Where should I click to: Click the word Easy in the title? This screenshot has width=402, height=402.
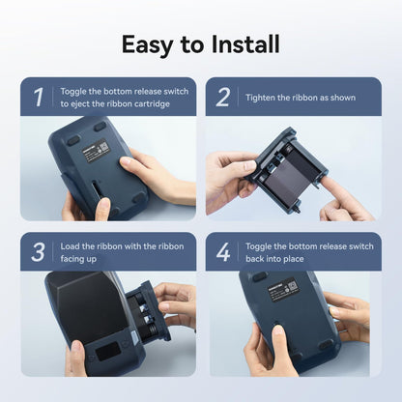[x=147, y=44]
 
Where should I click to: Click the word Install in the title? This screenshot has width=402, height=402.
[x=245, y=43]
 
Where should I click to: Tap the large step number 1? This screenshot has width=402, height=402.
[x=39, y=98]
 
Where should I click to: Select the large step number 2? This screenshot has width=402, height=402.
[x=223, y=98]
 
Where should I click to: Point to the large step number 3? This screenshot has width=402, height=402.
[x=38, y=252]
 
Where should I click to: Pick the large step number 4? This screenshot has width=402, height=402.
[x=223, y=252]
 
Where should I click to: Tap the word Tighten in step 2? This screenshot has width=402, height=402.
[x=260, y=98]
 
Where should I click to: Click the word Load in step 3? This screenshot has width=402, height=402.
[x=70, y=246]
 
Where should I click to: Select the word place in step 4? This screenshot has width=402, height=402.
[x=294, y=259]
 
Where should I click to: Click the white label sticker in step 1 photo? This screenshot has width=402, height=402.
[x=95, y=151]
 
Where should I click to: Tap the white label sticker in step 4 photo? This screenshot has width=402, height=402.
[x=282, y=287]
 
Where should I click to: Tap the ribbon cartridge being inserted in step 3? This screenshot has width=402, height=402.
[x=147, y=311]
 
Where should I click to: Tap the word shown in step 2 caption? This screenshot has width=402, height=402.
[x=343, y=98]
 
